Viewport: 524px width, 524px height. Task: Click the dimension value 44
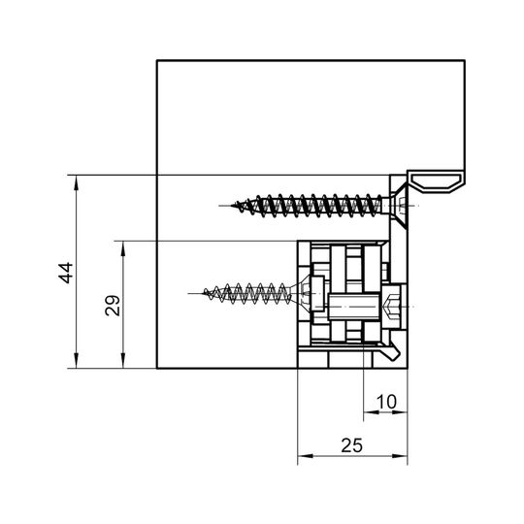coord(66,273)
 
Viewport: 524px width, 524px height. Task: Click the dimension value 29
coord(113,306)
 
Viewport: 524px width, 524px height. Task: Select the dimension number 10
coord(386,402)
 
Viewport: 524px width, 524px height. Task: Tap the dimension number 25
coord(351,445)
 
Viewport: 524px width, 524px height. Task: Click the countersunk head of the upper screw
coord(399,205)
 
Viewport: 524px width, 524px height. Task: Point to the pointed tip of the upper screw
coord(232,206)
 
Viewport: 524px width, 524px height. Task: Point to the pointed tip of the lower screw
coord(204,293)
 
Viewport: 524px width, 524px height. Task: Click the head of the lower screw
coord(302,293)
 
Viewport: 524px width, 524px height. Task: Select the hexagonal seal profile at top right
coord(436,182)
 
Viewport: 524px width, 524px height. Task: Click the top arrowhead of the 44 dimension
coord(77,182)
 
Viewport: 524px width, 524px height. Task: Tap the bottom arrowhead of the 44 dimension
coord(77,360)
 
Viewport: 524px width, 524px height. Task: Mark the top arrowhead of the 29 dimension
coord(123,248)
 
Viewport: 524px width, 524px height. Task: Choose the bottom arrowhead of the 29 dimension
coord(123,360)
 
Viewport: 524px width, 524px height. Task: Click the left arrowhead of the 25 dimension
coord(306,456)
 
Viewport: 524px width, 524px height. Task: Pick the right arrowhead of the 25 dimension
coord(400,456)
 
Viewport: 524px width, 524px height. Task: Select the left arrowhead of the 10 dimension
coord(372,412)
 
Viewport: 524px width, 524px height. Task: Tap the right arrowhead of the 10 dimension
coord(400,412)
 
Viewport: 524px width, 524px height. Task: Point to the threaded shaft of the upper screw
coord(317,206)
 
